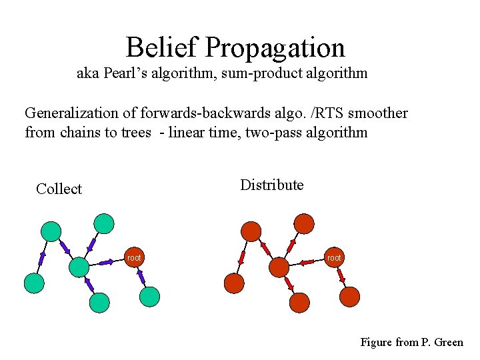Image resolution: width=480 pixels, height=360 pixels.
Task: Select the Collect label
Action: [x=59, y=189]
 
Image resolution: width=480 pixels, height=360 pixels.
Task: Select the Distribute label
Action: [x=271, y=185]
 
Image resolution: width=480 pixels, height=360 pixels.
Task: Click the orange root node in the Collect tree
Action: [x=134, y=257]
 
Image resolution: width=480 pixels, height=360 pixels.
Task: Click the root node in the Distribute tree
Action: [x=334, y=257]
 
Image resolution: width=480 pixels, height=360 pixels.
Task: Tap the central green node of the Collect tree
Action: [x=79, y=267]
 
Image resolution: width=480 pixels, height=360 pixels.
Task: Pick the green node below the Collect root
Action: [x=150, y=297]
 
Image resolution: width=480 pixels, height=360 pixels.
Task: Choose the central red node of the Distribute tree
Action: [x=279, y=267]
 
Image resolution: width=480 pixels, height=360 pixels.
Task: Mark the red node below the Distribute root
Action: [x=350, y=297]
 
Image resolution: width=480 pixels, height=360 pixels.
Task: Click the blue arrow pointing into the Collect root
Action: [x=107, y=262]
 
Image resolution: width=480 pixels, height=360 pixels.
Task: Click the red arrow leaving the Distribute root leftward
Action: [x=307, y=262]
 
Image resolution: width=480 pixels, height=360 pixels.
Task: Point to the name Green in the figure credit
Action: [x=448, y=342]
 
